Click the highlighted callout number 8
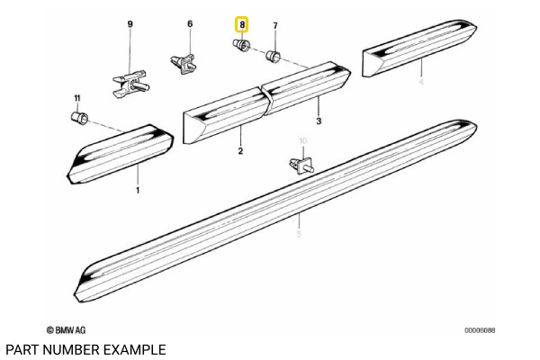coord(241,26)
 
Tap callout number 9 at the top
coord(129,22)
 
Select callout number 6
coord(190,23)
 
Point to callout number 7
coord(275,26)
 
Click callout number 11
coord(76,97)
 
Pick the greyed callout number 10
coord(303,140)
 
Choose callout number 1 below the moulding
coord(138,191)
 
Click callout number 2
coord(240,151)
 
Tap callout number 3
coord(319,120)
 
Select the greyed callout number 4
coord(420,83)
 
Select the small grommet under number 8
coord(241,48)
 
